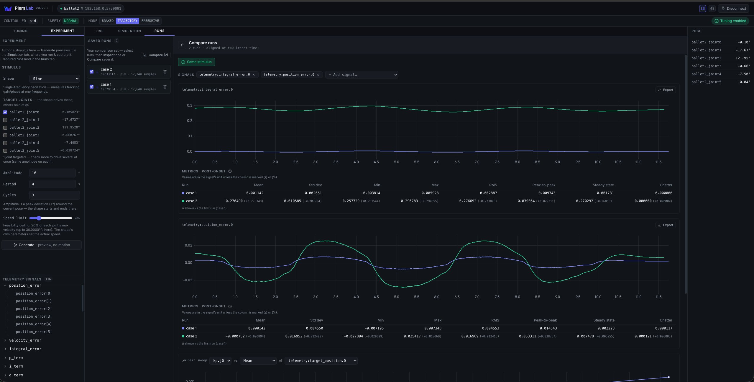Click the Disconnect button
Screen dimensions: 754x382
click(734, 9)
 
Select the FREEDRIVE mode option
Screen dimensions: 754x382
click(150, 21)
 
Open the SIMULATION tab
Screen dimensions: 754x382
click(129, 31)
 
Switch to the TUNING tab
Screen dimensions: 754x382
click(20, 31)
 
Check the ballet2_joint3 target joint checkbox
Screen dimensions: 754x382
click(5, 135)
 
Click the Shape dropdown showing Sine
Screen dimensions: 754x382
click(55, 79)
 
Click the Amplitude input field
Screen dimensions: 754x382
click(52, 173)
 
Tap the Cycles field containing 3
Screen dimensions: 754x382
click(54, 195)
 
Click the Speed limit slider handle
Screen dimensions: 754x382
click(39, 218)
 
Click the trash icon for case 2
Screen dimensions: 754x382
click(165, 71)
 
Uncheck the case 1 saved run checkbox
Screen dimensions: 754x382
click(91, 86)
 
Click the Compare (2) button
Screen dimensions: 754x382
click(155, 55)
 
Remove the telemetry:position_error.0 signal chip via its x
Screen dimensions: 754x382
click(318, 75)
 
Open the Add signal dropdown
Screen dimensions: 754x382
click(362, 75)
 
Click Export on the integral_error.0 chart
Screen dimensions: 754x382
click(666, 90)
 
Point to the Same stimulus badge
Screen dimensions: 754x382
click(196, 62)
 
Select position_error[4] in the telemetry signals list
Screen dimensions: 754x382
click(34, 324)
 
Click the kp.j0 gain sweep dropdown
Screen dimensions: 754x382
click(220, 361)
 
